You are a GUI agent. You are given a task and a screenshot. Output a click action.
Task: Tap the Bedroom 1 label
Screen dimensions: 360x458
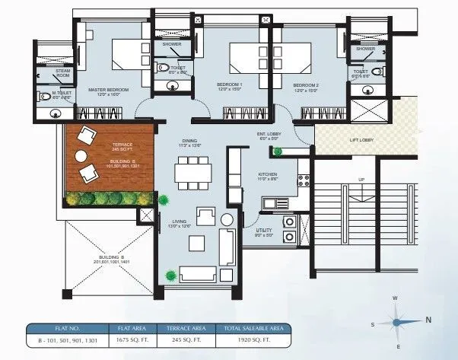coord(229,83)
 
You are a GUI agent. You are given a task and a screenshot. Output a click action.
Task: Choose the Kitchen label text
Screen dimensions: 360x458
coord(267,174)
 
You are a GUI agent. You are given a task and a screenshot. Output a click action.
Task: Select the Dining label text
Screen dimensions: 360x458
coord(189,140)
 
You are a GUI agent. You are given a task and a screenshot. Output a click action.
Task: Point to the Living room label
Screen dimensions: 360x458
coord(180,221)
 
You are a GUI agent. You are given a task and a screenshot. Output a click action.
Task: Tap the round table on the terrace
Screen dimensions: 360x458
coord(80,156)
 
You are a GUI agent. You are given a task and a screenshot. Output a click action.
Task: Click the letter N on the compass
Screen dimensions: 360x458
coord(428,320)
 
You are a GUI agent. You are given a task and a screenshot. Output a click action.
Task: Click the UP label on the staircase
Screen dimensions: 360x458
coord(362,180)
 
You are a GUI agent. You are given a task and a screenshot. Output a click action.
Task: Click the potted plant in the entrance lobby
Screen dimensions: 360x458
coord(278,151)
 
